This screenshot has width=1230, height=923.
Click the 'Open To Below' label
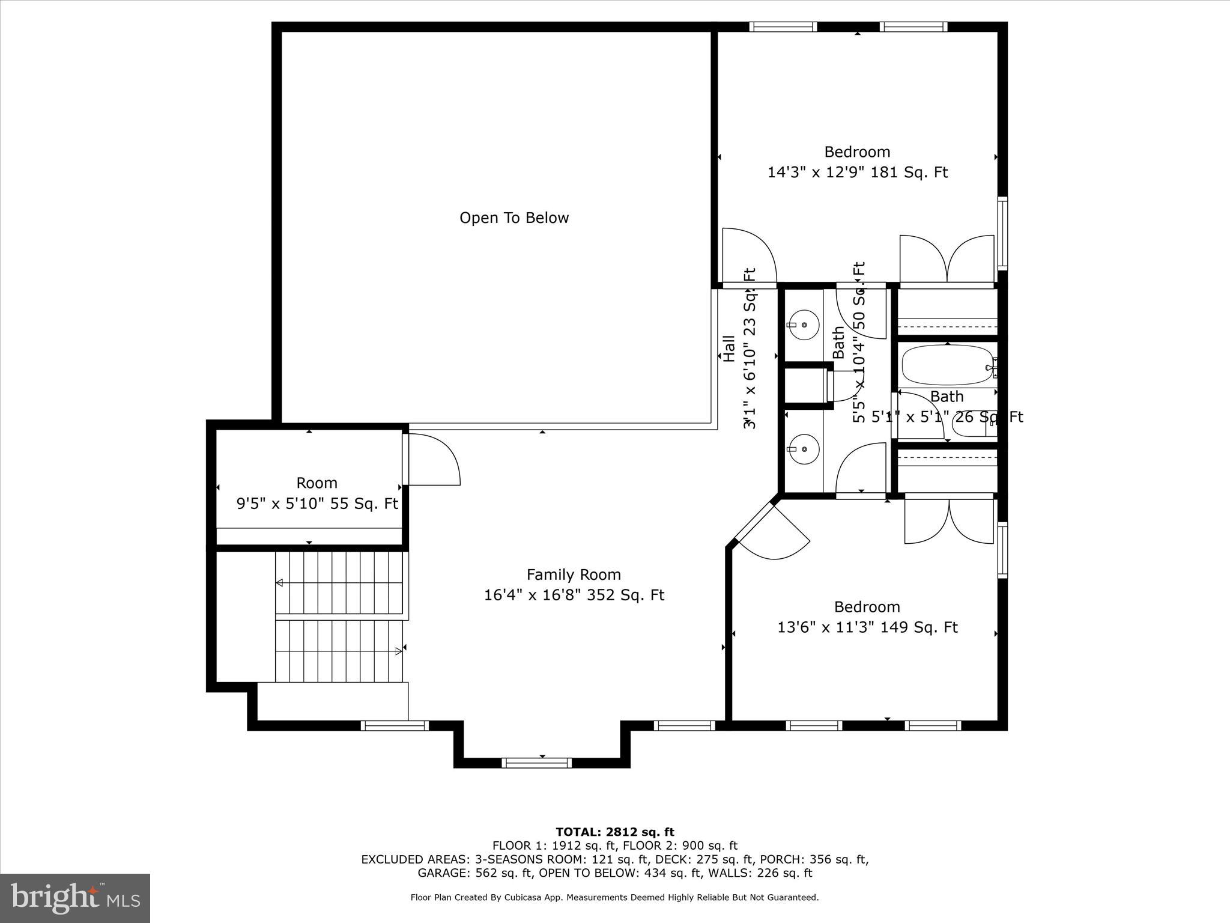(514, 218)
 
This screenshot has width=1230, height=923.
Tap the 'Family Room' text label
(574, 574)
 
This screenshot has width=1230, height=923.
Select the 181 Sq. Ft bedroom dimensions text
(857, 172)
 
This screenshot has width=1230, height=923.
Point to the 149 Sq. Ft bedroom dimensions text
(867, 627)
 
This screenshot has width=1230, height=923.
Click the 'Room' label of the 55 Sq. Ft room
(317, 483)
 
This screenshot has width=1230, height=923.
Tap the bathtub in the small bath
(947, 365)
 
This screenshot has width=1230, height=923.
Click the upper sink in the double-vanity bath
(804, 325)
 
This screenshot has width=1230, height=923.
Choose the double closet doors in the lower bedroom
(949, 522)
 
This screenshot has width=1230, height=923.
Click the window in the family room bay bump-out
(536, 763)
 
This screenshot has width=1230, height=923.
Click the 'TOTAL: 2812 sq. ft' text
(615, 832)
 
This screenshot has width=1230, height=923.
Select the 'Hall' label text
(729, 349)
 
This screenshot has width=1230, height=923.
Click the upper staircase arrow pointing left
(280, 582)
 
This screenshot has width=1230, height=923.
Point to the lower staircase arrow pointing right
(398, 651)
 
